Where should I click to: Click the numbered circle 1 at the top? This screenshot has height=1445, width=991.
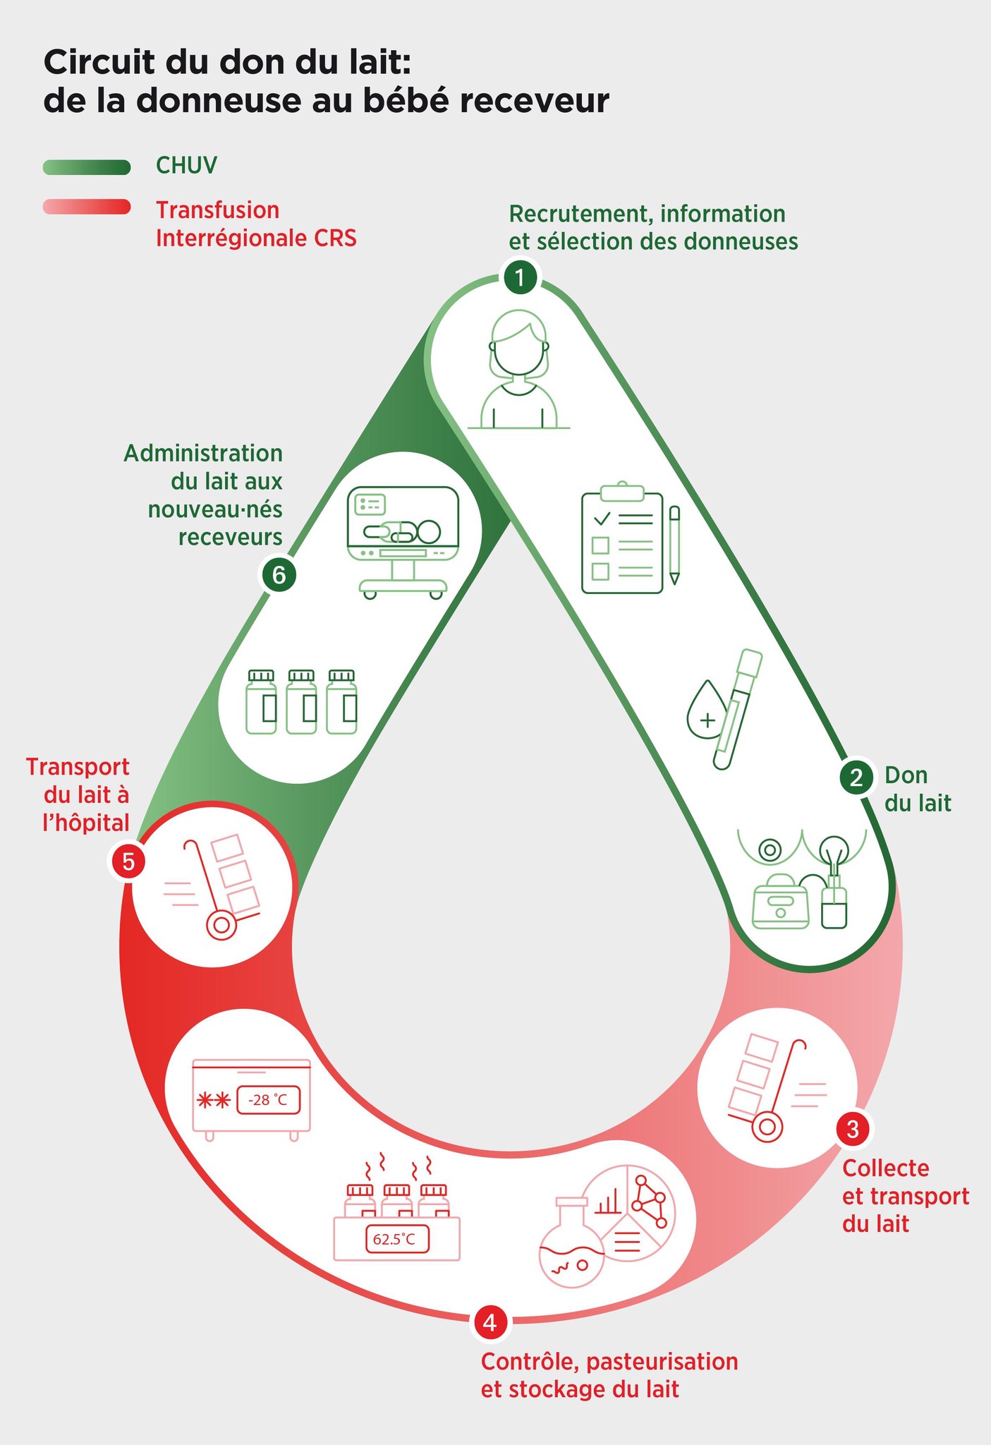[x=520, y=278]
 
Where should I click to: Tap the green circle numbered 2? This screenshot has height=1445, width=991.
[x=856, y=778]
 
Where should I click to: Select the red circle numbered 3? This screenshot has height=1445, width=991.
[x=852, y=1130]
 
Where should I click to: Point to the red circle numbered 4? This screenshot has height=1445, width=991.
[x=490, y=1323]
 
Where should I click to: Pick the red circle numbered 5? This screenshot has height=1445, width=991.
[x=128, y=861]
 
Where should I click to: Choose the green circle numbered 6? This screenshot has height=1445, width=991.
[x=279, y=575]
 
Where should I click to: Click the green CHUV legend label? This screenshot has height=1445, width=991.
[x=186, y=166]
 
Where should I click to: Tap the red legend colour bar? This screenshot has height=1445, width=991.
[x=87, y=207]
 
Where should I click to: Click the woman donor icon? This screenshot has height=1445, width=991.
[x=519, y=370]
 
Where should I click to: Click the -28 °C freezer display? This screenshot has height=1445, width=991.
[x=268, y=1100]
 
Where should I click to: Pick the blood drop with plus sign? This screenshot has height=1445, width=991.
[x=706, y=716]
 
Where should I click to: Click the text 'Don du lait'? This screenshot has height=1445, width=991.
[x=917, y=789]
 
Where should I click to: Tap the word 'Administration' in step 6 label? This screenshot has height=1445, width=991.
[x=203, y=453]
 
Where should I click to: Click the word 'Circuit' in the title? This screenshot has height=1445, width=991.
[x=99, y=62]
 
